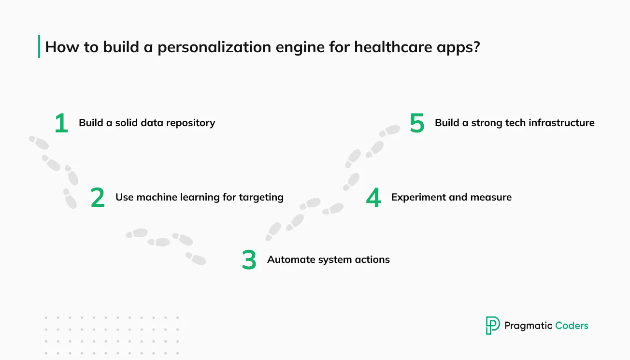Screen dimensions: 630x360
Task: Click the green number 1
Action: click(x=61, y=123)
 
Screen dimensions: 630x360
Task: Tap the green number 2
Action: click(x=98, y=198)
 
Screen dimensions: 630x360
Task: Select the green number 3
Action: click(x=249, y=260)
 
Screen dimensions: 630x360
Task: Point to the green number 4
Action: click(x=373, y=198)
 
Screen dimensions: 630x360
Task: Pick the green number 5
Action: click(x=417, y=123)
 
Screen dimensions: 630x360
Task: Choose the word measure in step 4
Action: click(x=491, y=198)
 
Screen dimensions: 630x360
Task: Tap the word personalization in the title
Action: click(x=214, y=47)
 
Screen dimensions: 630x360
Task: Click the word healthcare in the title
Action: click(x=393, y=47)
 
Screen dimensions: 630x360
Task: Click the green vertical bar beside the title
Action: click(x=39, y=46)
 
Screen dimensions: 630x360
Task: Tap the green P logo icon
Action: click(x=493, y=325)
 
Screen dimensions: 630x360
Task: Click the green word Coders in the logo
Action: click(x=572, y=326)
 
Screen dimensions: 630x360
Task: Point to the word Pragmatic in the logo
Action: click(x=529, y=326)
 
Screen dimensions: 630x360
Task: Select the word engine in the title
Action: click(x=300, y=48)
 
